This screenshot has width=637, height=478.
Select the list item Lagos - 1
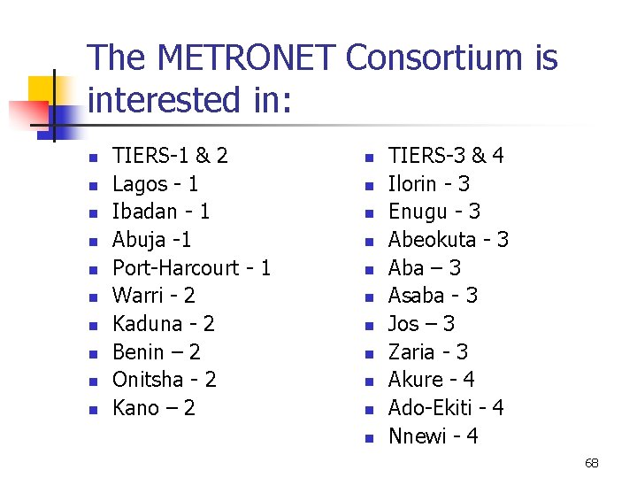(155, 184)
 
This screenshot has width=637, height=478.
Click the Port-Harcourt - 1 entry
(191, 268)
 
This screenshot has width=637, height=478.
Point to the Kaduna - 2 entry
(164, 324)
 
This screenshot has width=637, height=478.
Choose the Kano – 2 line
(154, 408)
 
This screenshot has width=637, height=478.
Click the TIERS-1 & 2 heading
(170, 156)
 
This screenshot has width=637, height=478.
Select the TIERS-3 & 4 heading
(446, 156)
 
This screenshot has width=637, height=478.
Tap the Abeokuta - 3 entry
(448, 240)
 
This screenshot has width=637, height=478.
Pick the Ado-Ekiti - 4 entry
(446, 408)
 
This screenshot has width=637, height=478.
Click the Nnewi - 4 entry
(433, 436)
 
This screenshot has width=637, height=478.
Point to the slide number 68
(592, 463)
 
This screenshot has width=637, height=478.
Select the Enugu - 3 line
(434, 212)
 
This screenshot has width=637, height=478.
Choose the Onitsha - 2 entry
(165, 380)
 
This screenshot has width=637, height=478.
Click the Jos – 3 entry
(421, 324)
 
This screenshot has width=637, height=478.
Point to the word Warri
(135, 296)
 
